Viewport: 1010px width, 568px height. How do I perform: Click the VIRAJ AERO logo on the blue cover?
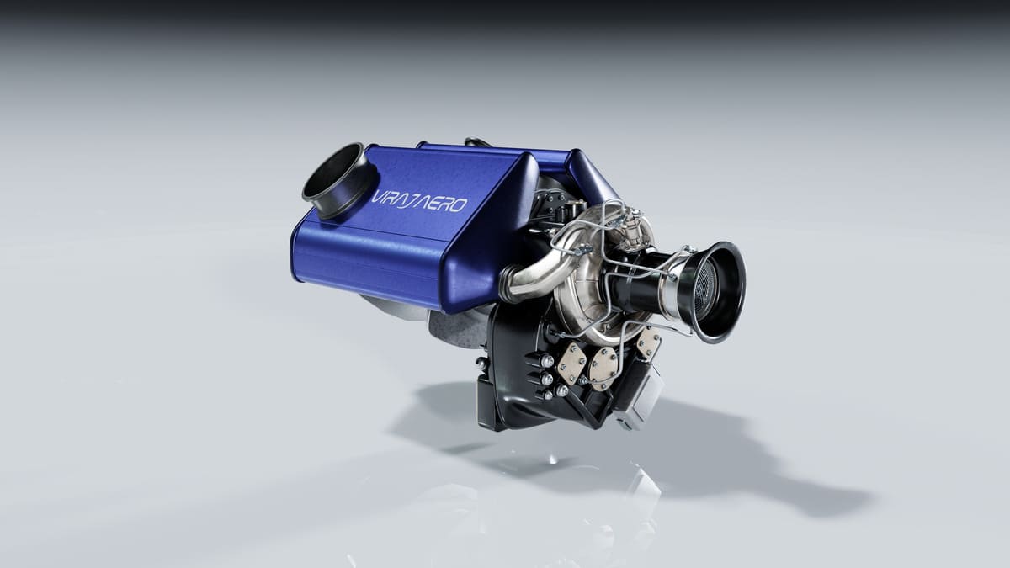[418, 203]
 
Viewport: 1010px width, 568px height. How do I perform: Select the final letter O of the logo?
[459, 206]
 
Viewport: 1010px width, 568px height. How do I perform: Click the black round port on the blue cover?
[339, 180]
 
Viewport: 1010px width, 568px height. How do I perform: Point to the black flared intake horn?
[715, 292]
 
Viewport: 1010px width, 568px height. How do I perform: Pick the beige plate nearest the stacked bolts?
[571, 363]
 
